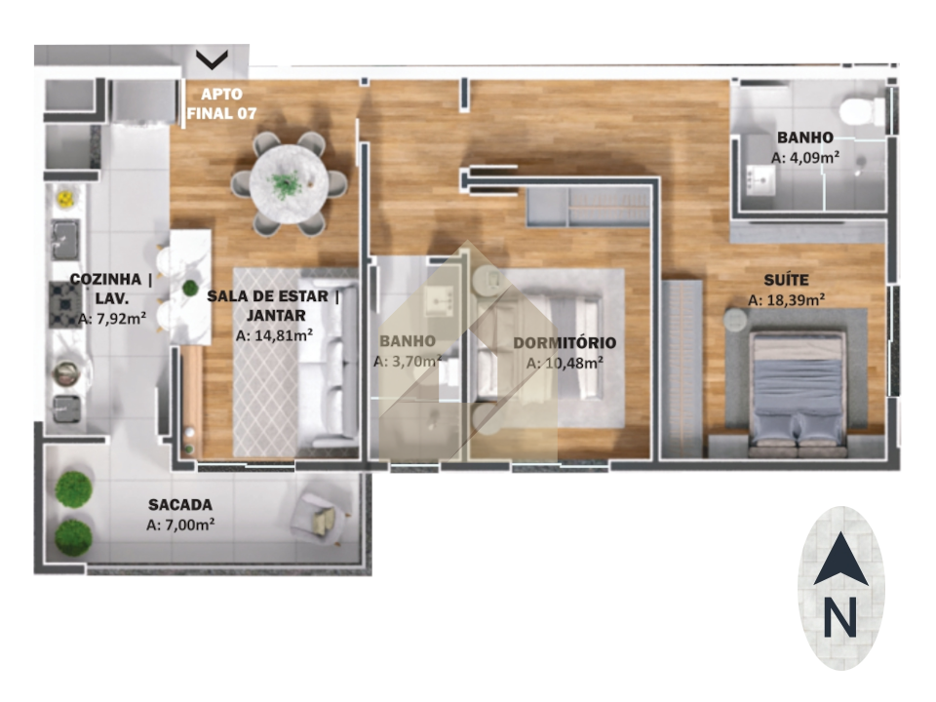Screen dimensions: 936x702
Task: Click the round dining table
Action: coord(289,184)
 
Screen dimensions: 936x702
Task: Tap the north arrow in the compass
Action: coord(840,559)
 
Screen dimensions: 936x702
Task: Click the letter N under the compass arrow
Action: coord(840,616)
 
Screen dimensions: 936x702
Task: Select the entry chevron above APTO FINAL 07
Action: coord(212,59)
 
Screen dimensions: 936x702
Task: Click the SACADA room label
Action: coord(180,505)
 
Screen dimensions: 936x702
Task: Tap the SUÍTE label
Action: coord(787,280)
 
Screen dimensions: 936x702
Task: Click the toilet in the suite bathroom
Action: coord(862,110)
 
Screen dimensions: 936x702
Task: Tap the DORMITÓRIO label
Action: coord(565,343)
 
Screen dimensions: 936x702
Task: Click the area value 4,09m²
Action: coord(805,158)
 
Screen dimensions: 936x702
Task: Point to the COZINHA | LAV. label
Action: coord(111,289)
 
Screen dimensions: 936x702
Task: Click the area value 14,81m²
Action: coord(274,335)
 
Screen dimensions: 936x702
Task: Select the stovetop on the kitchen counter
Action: coord(65,304)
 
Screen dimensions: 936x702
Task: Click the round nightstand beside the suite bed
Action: coord(735,320)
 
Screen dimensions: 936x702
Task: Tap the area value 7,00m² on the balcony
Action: coord(180,525)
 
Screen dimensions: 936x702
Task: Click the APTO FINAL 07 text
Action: coord(221,103)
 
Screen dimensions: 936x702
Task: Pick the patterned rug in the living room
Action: coord(265,362)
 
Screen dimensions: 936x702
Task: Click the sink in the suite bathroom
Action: coord(760,180)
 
